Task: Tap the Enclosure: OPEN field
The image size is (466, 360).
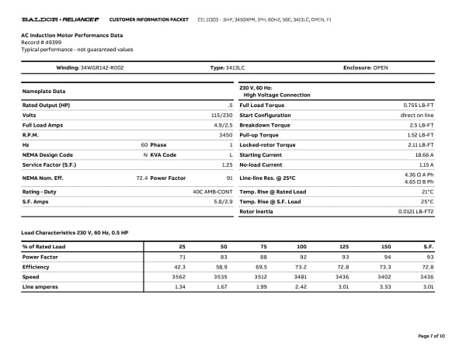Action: coord(366,67)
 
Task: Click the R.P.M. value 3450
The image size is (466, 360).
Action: coord(226,134)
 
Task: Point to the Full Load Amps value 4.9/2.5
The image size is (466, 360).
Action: coord(223,124)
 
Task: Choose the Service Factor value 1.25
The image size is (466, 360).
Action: coord(227,164)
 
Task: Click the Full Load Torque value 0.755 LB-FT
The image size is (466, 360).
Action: coord(418,104)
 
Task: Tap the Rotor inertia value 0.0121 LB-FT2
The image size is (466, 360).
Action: coord(416,211)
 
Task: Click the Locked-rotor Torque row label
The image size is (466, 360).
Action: coord(267,144)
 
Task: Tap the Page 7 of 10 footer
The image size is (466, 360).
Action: coord(431,335)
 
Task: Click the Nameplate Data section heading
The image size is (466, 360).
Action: coord(43,92)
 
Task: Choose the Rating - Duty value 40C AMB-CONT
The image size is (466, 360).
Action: coord(213,191)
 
